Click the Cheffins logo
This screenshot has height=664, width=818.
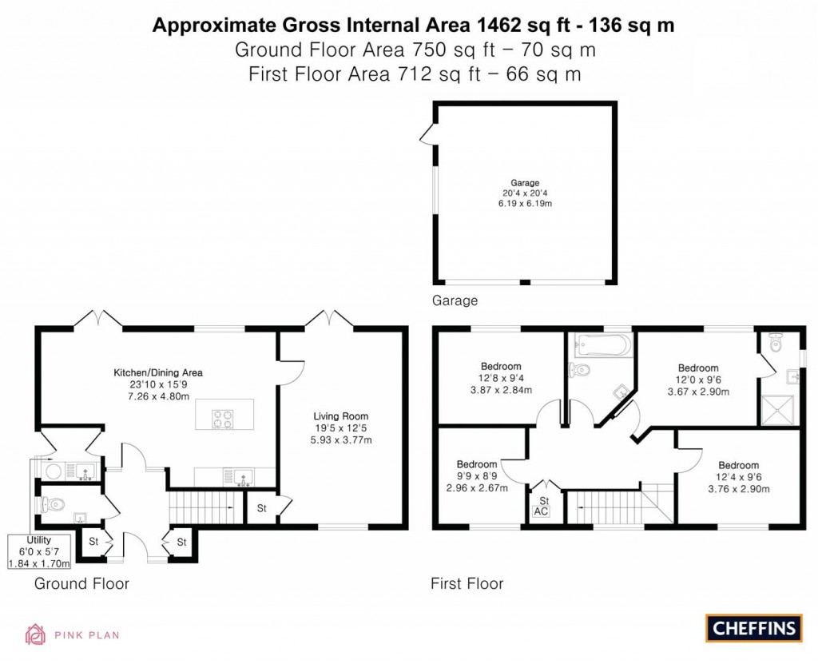[x=753, y=627]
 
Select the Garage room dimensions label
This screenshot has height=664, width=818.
[x=526, y=193]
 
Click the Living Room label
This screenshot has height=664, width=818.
[x=341, y=428]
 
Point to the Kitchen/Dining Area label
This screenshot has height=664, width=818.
[x=158, y=384]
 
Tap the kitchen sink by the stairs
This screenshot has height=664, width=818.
[x=242, y=477]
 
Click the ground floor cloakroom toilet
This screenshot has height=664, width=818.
[x=54, y=504]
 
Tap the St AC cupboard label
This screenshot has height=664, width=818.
[x=542, y=506]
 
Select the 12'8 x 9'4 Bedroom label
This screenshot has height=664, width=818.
[x=501, y=378]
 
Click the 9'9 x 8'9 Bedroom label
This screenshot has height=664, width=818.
[x=477, y=476]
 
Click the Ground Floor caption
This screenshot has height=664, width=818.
[x=81, y=583]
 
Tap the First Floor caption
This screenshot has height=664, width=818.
[x=467, y=583]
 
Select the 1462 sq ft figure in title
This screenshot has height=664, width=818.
[x=528, y=26]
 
